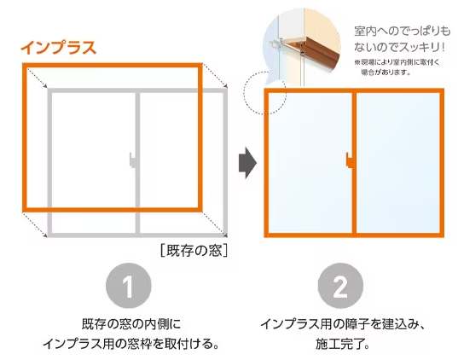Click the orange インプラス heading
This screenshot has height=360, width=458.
58,48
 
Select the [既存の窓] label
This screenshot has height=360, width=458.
193,251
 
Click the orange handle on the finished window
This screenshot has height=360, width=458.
351,160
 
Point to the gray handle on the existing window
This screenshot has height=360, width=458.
132,160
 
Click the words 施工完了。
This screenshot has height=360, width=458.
339,345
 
